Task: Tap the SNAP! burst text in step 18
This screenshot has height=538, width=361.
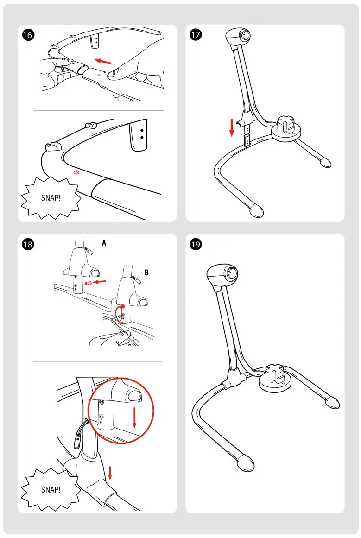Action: tap(51, 489)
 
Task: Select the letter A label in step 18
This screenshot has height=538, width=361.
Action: tap(104, 242)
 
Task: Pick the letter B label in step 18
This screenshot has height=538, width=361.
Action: tap(146, 272)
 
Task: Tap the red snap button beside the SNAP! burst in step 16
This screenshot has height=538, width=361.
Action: tap(77, 172)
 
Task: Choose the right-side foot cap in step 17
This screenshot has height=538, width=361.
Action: tap(325, 162)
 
